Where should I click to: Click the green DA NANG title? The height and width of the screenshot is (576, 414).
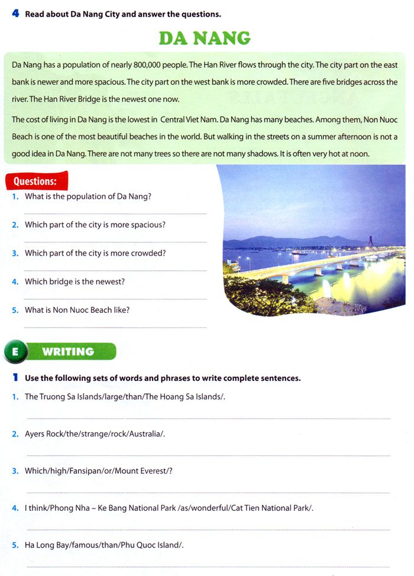[x=204, y=39]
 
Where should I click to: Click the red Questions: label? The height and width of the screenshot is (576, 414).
[x=35, y=181]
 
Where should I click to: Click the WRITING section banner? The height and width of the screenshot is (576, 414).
[x=68, y=351]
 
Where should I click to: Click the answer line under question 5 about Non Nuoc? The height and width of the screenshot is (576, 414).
[x=115, y=327]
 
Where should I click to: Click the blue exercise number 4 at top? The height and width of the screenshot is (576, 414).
[x=15, y=13]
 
